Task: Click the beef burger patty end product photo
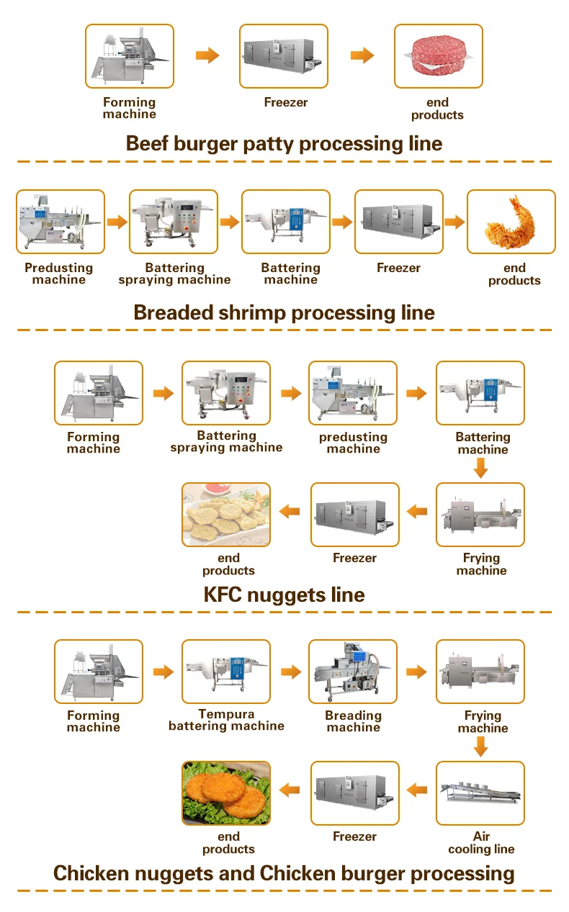(x=438, y=56)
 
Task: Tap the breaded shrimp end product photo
(x=511, y=222)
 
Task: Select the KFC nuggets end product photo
(x=226, y=515)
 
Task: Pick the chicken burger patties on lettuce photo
(x=226, y=793)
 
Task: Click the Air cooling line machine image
(x=480, y=793)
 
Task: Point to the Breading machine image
(x=353, y=672)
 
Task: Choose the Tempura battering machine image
(x=226, y=672)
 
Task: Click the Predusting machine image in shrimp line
(x=61, y=222)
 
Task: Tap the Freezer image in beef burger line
(x=283, y=56)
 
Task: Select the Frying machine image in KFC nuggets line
(x=480, y=515)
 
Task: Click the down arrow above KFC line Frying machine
(x=481, y=470)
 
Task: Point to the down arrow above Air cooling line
(x=481, y=749)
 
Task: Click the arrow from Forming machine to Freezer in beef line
(x=207, y=55)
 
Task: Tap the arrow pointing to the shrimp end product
(x=454, y=222)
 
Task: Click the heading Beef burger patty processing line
(x=284, y=143)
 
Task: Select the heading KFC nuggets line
(x=284, y=595)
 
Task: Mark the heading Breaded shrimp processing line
(x=284, y=312)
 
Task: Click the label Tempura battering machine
(x=226, y=721)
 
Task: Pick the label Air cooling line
(x=481, y=843)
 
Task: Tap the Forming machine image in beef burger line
(x=130, y=56)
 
